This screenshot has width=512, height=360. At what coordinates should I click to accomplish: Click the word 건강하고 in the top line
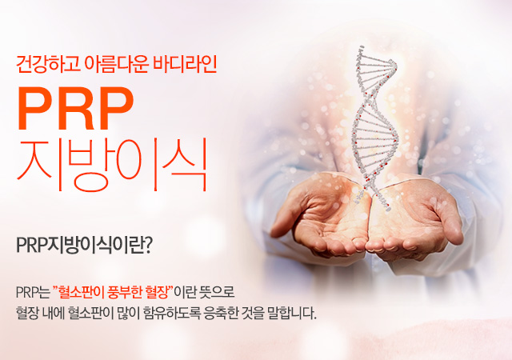click(48, 64)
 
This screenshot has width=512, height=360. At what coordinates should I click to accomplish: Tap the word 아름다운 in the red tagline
click(116, 64)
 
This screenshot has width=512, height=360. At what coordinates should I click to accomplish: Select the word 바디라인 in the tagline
click(185, 64)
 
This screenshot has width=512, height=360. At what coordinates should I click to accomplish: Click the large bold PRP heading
click(75, 108)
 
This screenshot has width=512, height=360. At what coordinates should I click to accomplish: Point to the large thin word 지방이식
click(112, 165)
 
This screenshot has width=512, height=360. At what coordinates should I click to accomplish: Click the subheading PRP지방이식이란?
click(84, 246)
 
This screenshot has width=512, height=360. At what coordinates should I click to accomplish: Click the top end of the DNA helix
click(361, 47)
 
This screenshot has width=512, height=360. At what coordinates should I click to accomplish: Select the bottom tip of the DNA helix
click(388, 210)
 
